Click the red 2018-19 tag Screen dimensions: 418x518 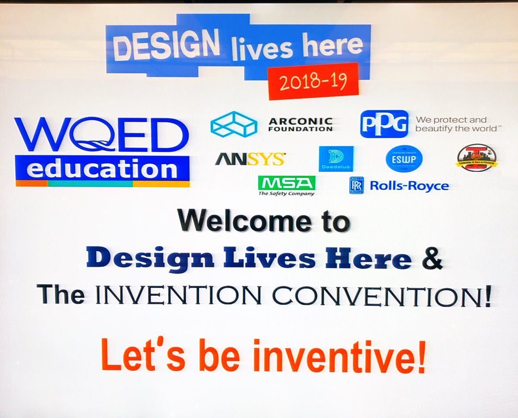[313, 81]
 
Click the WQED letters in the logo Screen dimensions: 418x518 [102, 134]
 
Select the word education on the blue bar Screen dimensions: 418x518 [102, 169]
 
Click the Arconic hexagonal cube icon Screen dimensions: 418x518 [234, 124]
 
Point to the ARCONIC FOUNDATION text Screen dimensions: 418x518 [300, 124]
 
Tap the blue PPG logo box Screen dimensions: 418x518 [384, 123]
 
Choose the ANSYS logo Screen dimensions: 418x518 [250, 159]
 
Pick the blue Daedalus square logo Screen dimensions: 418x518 [336, 159]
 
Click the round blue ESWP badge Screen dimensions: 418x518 [404, 158]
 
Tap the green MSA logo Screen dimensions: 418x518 [286, 183]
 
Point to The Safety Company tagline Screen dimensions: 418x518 [286, 194]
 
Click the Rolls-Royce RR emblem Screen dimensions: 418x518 [356, 185]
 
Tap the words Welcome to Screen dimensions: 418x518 [263, 222]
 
